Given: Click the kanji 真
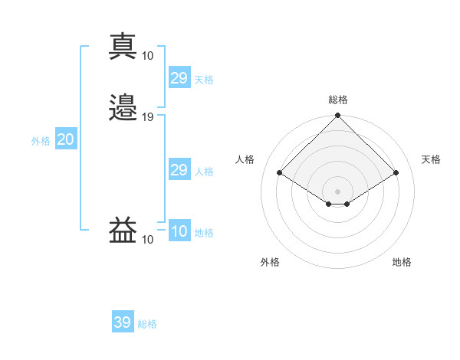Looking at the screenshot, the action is (x=123, y=47).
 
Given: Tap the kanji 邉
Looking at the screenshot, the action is (x=123, y=107).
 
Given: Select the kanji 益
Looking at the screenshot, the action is (x=123, y=230).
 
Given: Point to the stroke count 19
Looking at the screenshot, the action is (x=147, y=117).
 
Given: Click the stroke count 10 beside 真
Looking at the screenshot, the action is (x=147, y=56).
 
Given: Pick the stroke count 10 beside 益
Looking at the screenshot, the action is (x=147, y=240).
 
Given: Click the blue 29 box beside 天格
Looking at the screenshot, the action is (x=179, y=77).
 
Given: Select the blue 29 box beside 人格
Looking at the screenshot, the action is (x=179, y=169).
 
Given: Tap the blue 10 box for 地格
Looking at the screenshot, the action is (x=179, y=230).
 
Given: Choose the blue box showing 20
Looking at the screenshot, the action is (x=66, y=138).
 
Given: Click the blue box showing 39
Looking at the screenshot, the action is (x=123, y=321).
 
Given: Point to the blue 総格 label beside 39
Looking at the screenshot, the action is (x=147, y=324).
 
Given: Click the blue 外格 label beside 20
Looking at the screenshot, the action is (x=41, y=141).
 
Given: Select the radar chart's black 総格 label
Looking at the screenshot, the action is (x=338, y=100).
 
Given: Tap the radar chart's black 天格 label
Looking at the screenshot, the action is (x=431, y=159).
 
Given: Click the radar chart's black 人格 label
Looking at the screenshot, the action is (x=245, y=159).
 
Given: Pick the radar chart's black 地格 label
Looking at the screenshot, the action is (x=402, y=262).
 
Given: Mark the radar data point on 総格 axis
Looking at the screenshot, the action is (x=337, y=115).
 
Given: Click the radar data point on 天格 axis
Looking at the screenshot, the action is (x=396, y=172).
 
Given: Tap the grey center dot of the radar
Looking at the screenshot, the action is (x=337, y=191).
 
